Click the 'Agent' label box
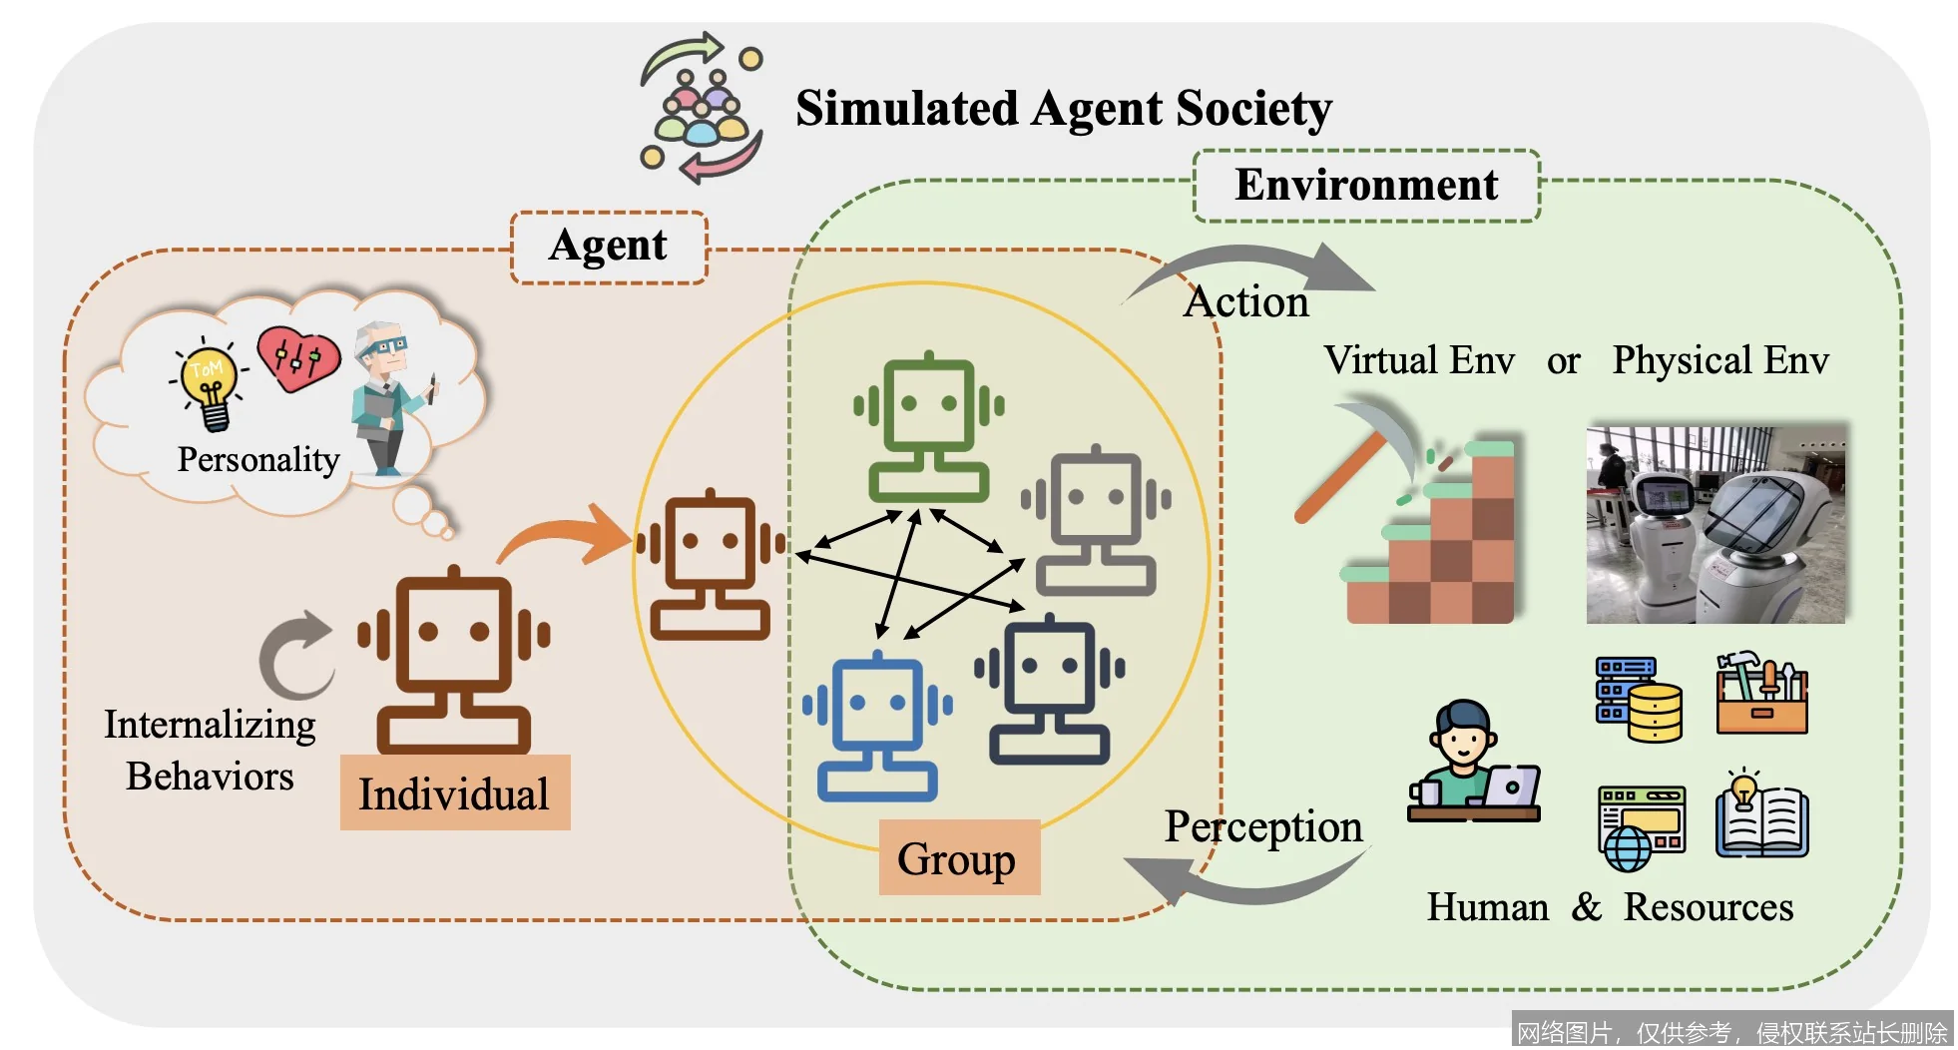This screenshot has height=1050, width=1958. (x=609, y=247)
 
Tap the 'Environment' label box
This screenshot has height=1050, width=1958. (x=1365, y=186)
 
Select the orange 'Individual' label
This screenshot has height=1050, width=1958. (x=455, y=793)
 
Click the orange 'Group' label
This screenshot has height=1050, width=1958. (x=958, y=858)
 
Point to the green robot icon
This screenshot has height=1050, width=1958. (x=928, y=426)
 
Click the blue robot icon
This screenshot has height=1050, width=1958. (x=877, y=726)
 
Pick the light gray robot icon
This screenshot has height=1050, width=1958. (x=1096, y=521)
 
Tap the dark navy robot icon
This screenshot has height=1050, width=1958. (x=1050, y=689)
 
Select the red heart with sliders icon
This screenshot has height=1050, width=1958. (x=297, y=357)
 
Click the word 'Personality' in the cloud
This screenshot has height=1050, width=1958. (x=258, y=459)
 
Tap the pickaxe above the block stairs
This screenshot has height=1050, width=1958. (x=1362, y=454)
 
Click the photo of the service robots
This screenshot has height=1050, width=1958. (x=1714, y=524)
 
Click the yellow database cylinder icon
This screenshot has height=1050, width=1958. (x=1655, y=711)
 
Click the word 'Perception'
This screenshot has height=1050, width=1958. (x=1262, y=827)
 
